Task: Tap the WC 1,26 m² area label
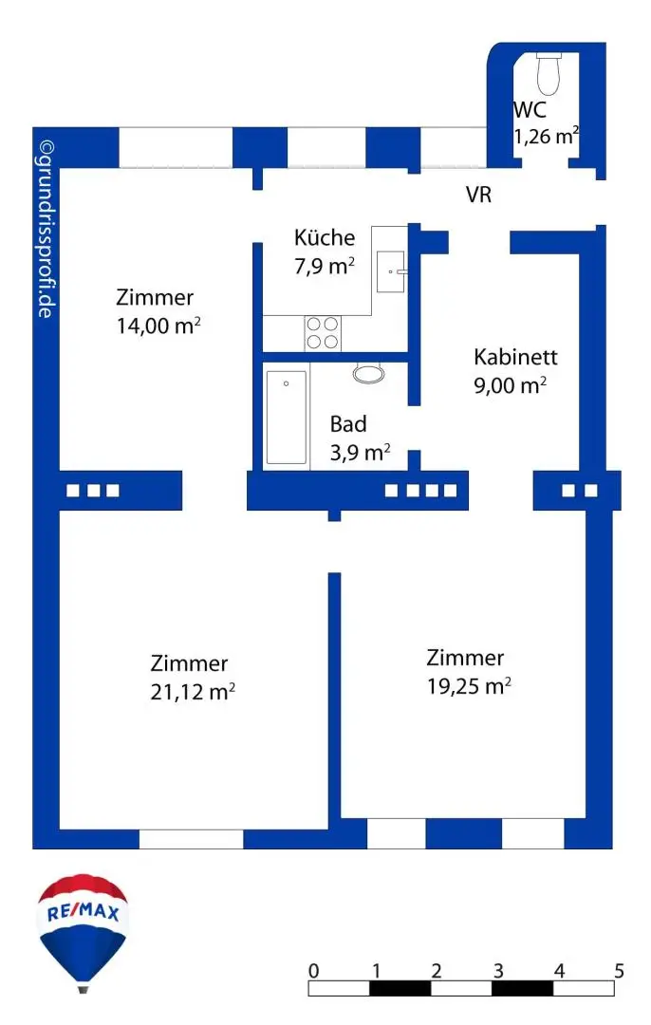click(x=546, y=122)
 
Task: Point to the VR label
click(x=478, y=195)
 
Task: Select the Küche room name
click(x=325, y=237)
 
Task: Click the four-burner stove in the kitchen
click(x=323, y=333)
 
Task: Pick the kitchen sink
click(x=391, y=271)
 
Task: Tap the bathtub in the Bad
click(x=287, y=417)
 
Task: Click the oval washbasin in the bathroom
click(x=369, y=373)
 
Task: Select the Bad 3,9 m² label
click(x=361, y=438)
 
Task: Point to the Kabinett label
click(x=515, y=357)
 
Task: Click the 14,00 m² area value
click(x=158, y=326)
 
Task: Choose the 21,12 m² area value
click(x=193, y=692)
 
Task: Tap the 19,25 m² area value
click(x=470, y=686)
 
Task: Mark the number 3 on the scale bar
click(x=498, y=971)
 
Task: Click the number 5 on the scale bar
click(x=619, y=971)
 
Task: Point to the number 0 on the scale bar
click(x=314, y=971)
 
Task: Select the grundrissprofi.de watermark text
click(x=46, y=230)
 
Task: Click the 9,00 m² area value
click(x=511, y=385)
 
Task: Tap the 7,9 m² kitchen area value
click(x=325, y=266)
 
